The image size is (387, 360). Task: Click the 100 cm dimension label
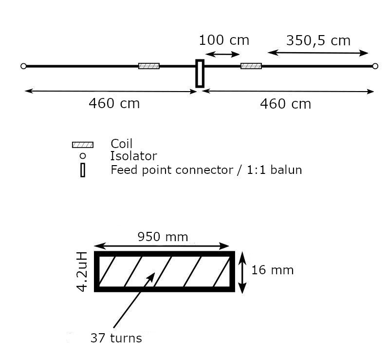224,40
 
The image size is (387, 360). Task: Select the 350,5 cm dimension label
318,40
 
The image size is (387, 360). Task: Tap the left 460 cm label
114,103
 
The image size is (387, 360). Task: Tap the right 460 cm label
285,104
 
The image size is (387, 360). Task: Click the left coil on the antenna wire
148,66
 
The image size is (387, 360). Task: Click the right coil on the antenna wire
251,66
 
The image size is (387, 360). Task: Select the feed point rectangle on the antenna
200,74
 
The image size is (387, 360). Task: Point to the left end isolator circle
23,66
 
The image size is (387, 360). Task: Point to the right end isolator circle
375,66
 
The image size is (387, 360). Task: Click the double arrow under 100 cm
222,54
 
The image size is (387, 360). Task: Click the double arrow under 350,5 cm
318,53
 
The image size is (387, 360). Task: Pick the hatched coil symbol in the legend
82,145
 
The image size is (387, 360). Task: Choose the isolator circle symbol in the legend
82,156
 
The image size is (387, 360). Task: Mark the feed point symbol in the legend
82,170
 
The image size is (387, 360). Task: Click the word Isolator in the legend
133,156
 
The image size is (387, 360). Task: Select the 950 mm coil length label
163,237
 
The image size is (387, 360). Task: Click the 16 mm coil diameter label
272,270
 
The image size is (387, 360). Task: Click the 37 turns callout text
116,338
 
